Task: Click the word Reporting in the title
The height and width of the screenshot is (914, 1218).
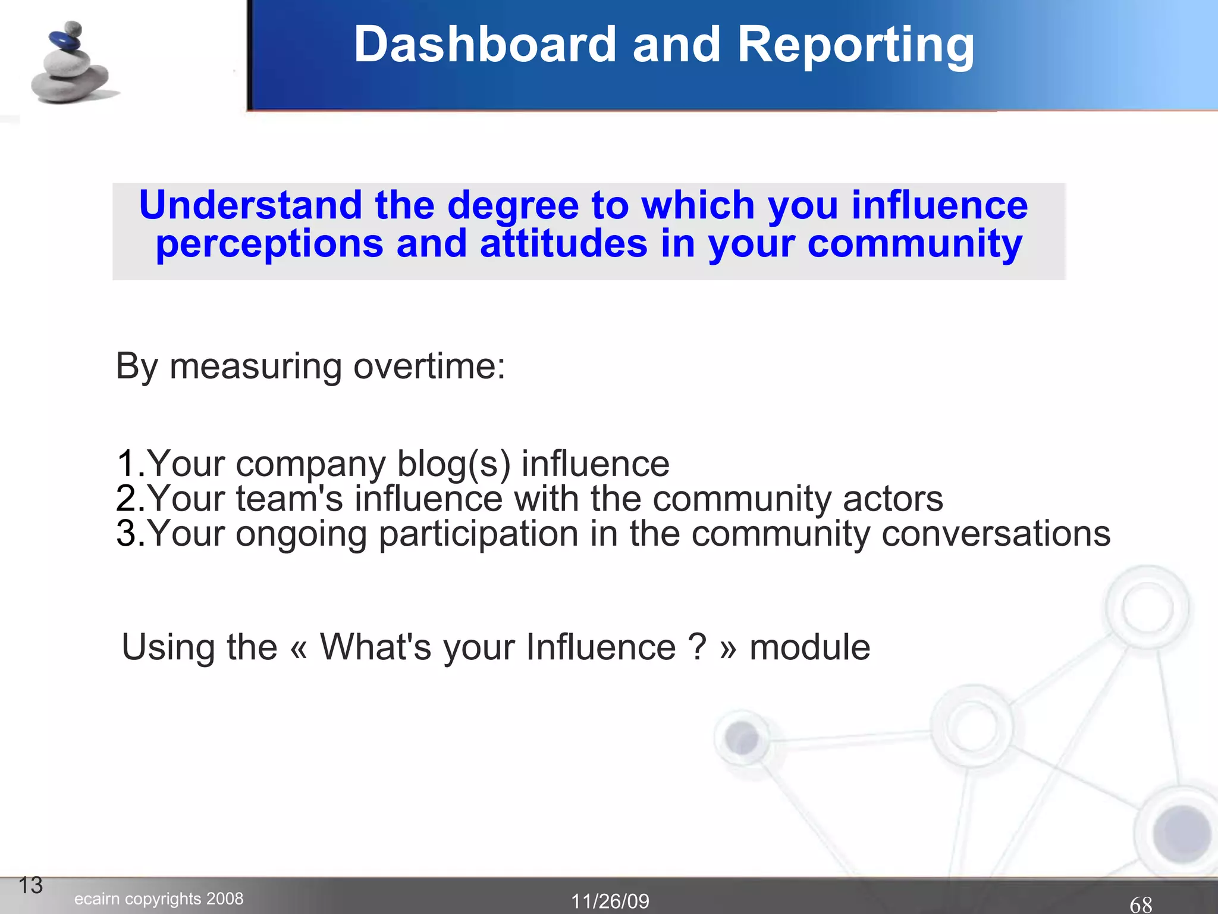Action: click(855, 46)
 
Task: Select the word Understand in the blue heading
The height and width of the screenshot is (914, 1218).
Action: click(250, 205)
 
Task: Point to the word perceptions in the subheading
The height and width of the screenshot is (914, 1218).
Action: click(269, 245)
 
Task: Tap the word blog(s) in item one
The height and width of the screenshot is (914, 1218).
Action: click(453, 464)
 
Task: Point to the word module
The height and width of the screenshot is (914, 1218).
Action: click(809, 647)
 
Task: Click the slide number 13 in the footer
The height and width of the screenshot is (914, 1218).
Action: click(31, 885)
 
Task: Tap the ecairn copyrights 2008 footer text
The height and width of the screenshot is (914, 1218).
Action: click(159, 899)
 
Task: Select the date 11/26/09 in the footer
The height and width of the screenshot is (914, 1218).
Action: click(610, 902)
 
